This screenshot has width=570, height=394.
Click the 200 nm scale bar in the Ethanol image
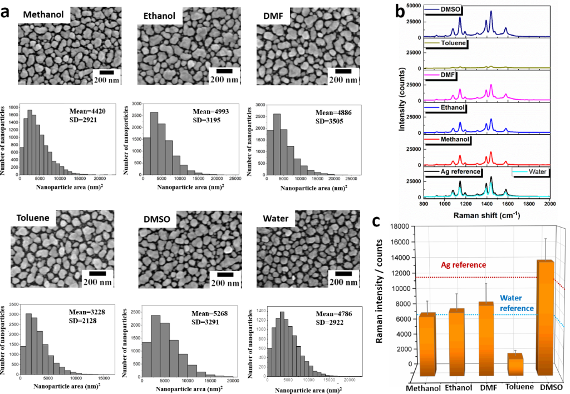(x=224, y=71)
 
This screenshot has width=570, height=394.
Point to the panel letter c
(x=376, y=221)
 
